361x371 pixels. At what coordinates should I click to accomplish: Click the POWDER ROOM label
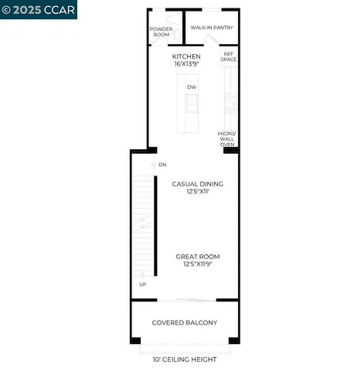(160, 32)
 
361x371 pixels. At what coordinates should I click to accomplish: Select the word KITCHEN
(187, 56)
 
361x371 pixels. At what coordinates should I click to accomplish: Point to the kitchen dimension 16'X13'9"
(187, 65)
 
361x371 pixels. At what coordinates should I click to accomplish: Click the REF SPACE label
(229, 56)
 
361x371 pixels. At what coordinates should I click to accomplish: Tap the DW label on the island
(190, 87)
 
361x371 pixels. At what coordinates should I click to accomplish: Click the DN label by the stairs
(162, 165)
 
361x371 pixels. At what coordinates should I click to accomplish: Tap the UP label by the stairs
(143, 284)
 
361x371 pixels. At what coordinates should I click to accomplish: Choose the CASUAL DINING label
(198, 184)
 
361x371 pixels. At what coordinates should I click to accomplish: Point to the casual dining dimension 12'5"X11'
(198, 192)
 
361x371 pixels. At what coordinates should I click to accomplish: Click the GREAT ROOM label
(198, 257)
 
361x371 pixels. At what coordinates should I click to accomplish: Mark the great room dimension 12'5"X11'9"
(198, 265)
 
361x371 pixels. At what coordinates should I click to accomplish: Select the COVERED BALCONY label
(184, 322)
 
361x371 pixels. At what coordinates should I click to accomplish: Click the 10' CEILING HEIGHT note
(184, 359)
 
